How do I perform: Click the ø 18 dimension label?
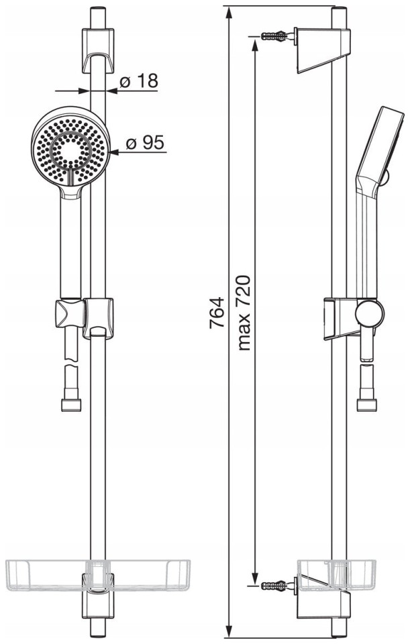click(139, 81)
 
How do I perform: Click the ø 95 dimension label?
click(145, 143)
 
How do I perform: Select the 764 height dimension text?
click(217, 312)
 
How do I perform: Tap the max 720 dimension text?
click(244, 313)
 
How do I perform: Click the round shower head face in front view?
click(70, 148)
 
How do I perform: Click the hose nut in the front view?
click(71, 405)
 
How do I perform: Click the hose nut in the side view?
click(366, 405)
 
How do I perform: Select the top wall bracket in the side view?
click(323, 50)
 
